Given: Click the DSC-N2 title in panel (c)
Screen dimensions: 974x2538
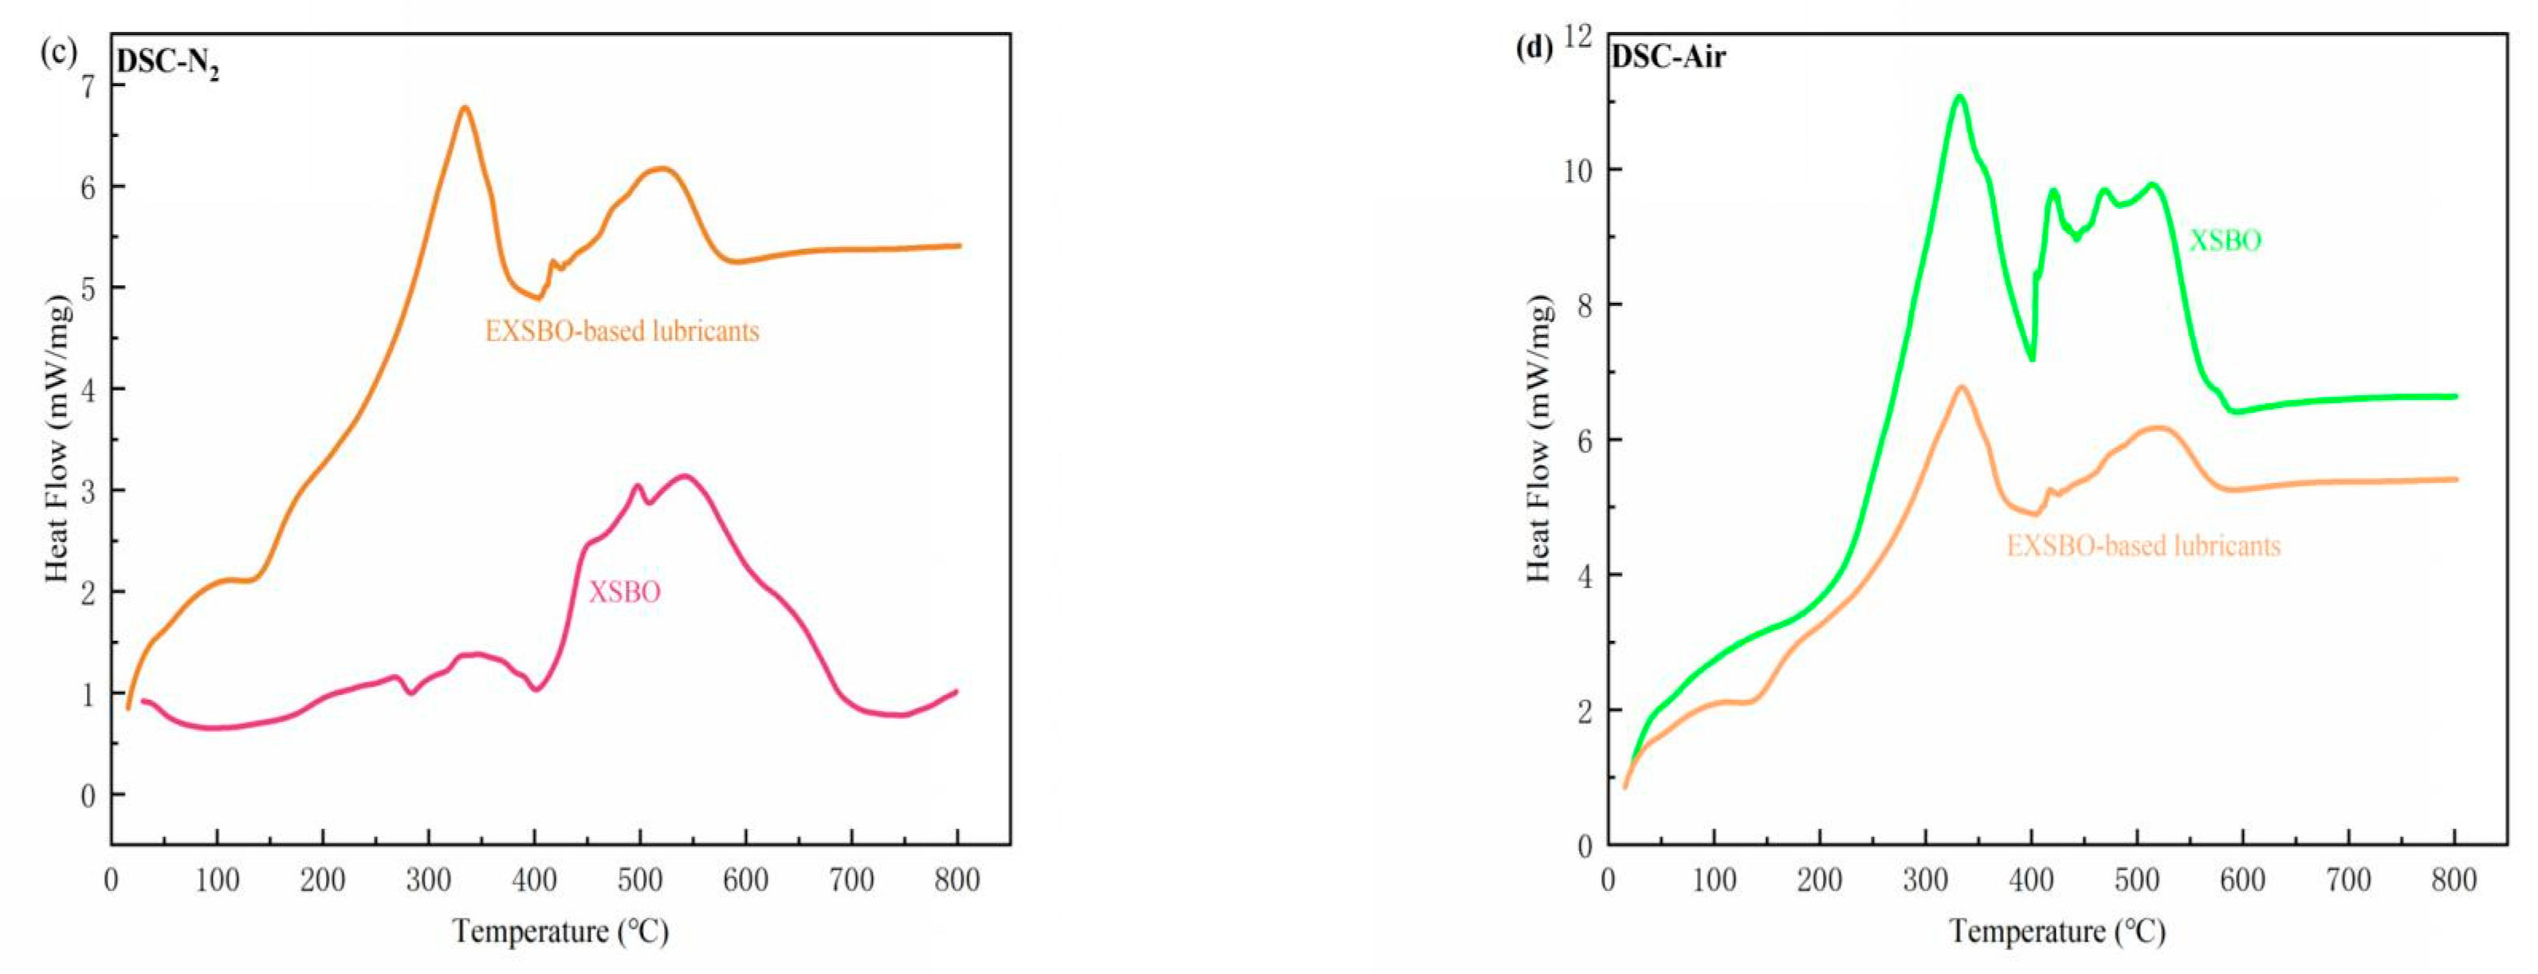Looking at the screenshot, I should click(x=167, y=63).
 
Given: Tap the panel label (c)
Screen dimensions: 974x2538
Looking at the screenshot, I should click(x=58, y=51).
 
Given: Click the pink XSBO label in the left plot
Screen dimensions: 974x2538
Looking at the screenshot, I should click(x=625, y=592).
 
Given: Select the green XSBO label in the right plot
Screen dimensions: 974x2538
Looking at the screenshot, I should click(x=2225, y=240).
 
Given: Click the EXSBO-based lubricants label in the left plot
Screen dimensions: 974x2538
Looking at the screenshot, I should click(x=622, y=331).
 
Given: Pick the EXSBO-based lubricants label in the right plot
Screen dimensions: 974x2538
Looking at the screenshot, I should click(x=2143, y=546).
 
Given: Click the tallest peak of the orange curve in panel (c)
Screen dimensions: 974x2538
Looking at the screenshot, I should click(x=465, y=108).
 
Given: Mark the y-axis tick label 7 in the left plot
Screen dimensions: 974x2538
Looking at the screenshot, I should click(x=88, y=87).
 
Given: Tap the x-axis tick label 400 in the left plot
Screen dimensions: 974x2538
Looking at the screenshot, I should click(x=534, y=879).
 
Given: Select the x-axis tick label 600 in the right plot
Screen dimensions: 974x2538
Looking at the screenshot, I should click(x=2242, y=879).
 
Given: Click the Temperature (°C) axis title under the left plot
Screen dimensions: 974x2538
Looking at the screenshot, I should click(x=560, y=931).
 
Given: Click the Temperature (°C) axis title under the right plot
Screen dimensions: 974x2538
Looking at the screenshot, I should click(x=2057, y=931).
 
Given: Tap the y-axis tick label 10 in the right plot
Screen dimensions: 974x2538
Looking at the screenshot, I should click(x=1577, y=171).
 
